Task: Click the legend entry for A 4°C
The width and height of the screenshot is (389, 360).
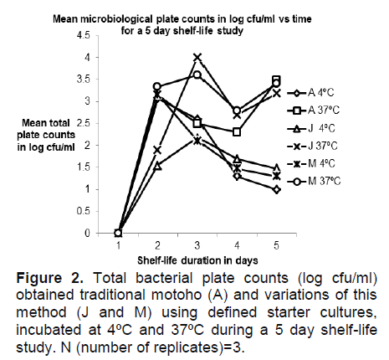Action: [310, 93]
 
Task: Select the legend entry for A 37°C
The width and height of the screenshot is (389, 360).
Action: [313, 111]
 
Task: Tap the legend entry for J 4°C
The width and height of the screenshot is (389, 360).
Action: [311, 128]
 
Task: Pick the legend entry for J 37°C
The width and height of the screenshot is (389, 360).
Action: [312, 146]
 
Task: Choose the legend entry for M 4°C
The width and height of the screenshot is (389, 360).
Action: [311, 163]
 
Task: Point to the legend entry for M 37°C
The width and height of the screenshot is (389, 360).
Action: [314, 182]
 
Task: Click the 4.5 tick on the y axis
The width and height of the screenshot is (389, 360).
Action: [83, 36]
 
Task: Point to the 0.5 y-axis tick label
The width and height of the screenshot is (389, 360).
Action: [83, 211]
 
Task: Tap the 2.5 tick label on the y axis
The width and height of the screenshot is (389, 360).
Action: [83, 123]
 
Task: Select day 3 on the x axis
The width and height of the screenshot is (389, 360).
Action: [197, 245]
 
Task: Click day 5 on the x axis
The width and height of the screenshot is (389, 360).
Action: [276, 245]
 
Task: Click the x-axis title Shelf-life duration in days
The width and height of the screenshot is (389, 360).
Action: [197, 260]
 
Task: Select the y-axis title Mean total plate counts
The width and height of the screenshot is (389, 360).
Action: [46, 135]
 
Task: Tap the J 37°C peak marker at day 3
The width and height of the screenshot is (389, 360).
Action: [197, 58]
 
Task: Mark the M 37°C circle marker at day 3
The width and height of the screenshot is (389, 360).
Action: [197, 75]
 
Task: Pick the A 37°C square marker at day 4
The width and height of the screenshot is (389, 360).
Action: [237, 132]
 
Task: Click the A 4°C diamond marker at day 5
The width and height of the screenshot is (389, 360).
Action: [276, 190]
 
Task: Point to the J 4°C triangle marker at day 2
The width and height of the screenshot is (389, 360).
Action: [158, 167]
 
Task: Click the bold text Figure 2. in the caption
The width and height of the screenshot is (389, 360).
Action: [50, 278]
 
